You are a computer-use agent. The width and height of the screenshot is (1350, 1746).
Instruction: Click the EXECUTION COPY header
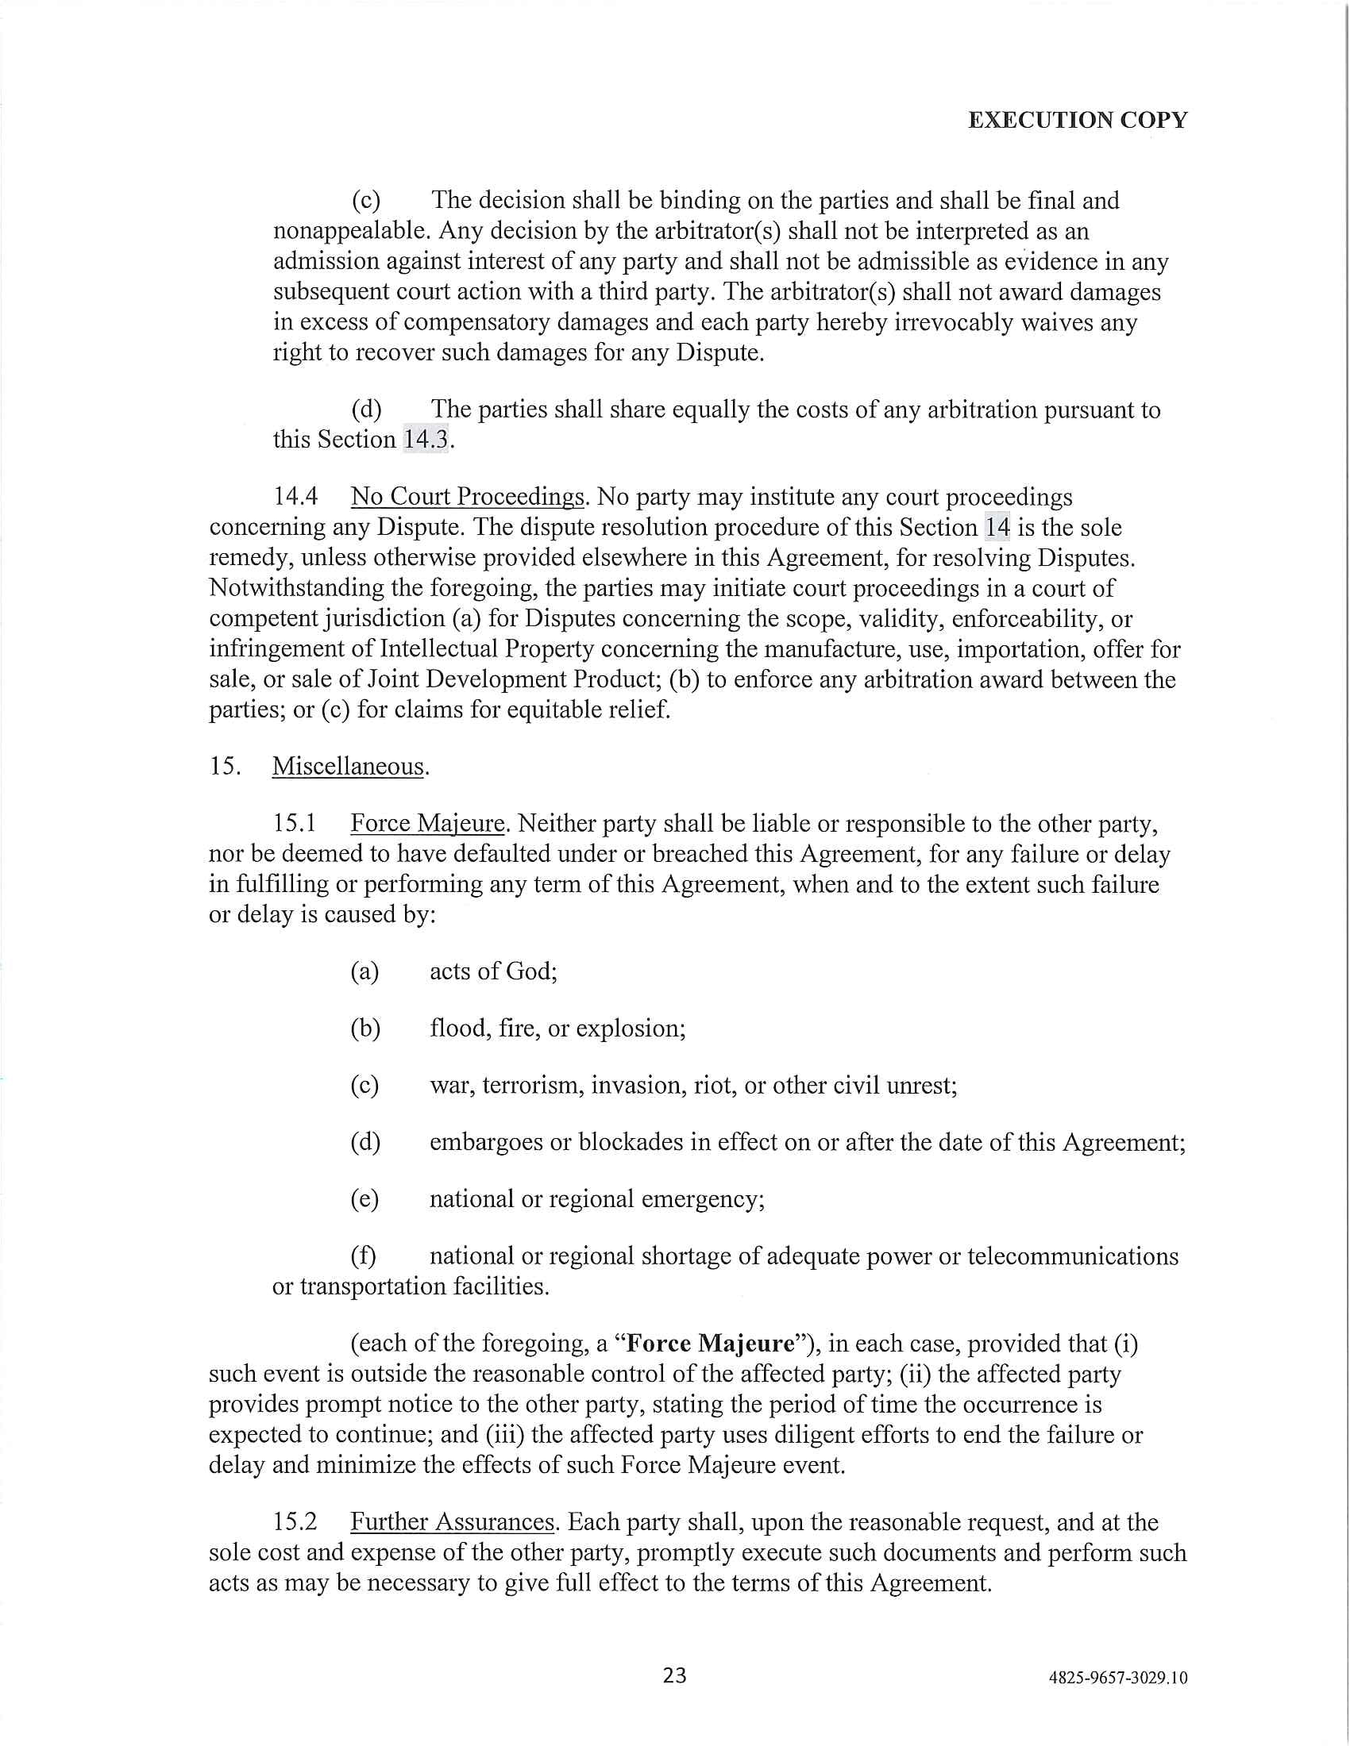1078,120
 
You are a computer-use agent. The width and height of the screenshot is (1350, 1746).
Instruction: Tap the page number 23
674,1675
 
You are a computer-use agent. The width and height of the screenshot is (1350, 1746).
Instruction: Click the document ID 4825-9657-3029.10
1117,1677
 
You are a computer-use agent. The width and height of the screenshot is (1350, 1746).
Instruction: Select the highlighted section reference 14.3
426,439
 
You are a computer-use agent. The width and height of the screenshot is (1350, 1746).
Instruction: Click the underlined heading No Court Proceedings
468,497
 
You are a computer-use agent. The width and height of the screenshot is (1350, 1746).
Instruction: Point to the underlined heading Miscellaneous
348,766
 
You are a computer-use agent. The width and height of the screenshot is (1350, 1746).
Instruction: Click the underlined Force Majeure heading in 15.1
428,824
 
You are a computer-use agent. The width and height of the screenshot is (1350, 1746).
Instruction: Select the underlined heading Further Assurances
453,1521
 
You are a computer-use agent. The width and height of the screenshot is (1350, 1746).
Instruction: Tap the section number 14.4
295,497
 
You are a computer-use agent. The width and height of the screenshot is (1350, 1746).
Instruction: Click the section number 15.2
295,1521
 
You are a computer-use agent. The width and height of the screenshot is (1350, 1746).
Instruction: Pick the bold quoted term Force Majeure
710,1343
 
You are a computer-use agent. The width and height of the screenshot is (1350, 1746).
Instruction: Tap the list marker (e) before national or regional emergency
364,1199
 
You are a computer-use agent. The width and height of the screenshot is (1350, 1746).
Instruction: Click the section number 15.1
295,824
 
